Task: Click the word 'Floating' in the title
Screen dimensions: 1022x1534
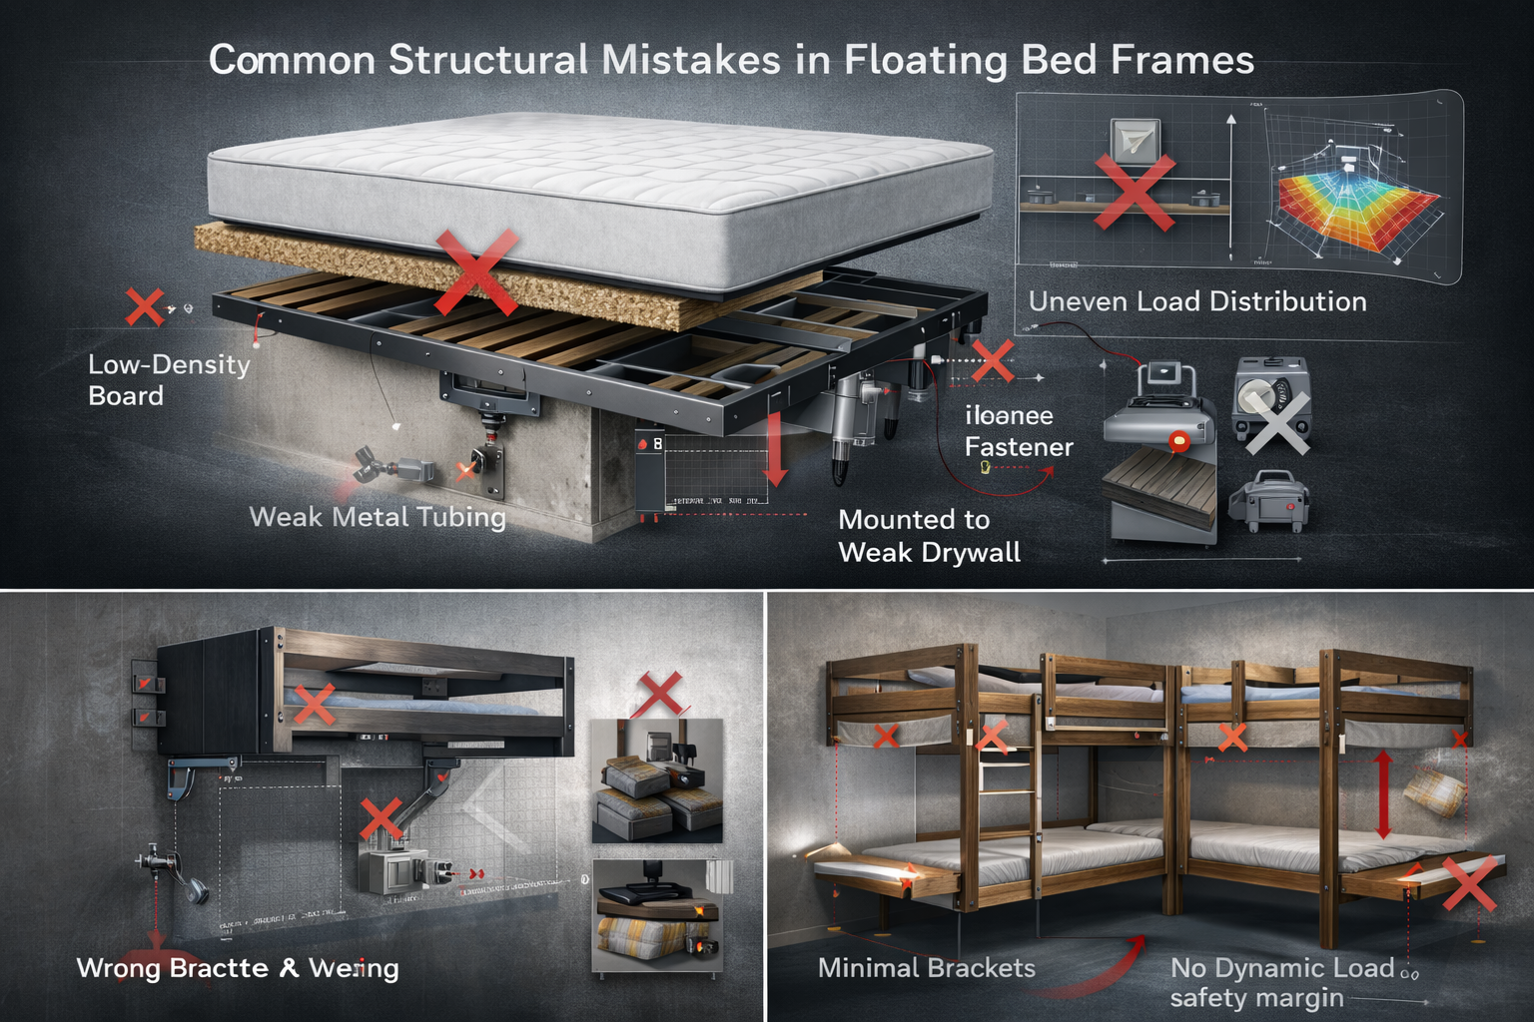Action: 925,61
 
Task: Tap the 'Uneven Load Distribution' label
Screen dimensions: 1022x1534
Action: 1196,301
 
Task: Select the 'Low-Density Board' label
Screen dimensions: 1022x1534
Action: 169,380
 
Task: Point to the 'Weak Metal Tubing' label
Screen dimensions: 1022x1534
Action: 377,517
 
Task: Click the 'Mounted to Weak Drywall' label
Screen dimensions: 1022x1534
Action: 929,536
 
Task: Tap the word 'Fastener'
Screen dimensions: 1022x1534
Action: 1019,447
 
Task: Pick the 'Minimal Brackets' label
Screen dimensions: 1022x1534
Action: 926,968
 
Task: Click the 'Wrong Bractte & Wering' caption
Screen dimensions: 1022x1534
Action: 238,968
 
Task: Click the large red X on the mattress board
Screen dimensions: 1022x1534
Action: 476,270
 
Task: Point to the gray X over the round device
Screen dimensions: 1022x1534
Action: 1276,420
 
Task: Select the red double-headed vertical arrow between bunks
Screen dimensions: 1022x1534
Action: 1383,795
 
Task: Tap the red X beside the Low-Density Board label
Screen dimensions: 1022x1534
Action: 145,307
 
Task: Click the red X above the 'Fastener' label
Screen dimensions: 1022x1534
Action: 992,360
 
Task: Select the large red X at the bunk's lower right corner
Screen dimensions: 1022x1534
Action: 1469,883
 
